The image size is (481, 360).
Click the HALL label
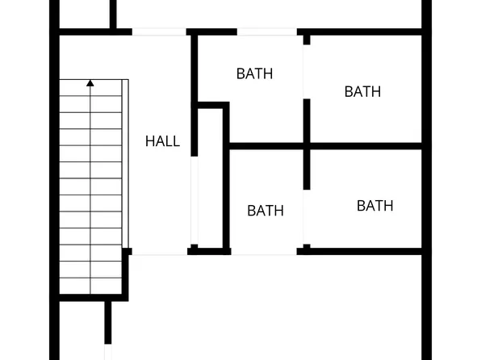click(162, 141)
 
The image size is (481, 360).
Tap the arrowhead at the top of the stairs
click(90, 82)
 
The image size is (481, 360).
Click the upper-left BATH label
click(254, 73)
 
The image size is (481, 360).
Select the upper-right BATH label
click(362, 91)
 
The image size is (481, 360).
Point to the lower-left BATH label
click(266, 211)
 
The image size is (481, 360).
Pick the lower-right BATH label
click(375, 206)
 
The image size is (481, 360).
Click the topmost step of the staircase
click(91, 87)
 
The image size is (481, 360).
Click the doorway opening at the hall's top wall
click(159, 32)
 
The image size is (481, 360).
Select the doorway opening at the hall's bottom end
click(159, 253)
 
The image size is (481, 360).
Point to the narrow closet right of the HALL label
click(210, 178)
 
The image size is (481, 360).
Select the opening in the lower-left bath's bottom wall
click(264, 252)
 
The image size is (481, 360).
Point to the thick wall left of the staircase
click(54, 178)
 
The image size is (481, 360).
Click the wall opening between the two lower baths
click(306, 218)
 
